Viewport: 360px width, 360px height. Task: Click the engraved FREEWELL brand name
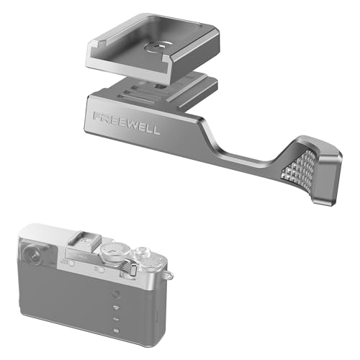pyautogui.click(x=127, y=123)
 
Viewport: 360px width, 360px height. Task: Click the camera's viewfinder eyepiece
pyautogui.click(x=32, y=254)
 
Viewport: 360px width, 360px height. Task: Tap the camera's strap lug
pyautogui.click(x=169, y=275)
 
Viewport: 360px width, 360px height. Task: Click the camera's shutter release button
pyautogui.click(x=142, y=253)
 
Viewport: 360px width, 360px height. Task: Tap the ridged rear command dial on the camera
pyautogui.click(x=129, y=268)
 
